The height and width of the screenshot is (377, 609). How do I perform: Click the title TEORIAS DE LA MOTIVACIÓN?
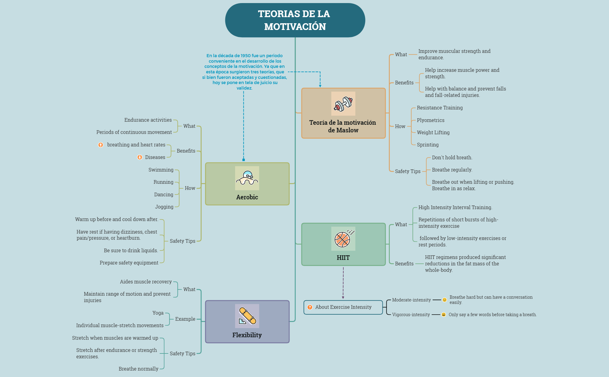(x=295, y=20)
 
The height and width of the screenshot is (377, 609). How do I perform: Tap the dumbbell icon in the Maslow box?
(x=343, y=104)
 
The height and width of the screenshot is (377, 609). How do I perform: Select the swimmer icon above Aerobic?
(x=247, y=178)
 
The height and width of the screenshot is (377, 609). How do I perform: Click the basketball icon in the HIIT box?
(x=343, y=239)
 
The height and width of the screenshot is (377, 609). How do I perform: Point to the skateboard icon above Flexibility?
(x=247, y=316)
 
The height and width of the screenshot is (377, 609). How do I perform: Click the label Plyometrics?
(x=430, y=120)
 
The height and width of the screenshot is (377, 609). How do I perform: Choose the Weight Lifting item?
(x=433, y=132)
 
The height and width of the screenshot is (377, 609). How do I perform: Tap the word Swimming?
(x=161, y=170)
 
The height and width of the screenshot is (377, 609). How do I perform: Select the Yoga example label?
(x=158, y=313)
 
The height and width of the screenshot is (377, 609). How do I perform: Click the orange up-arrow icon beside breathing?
(x=101, y=145)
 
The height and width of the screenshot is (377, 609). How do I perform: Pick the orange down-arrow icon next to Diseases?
(x=140, y=157)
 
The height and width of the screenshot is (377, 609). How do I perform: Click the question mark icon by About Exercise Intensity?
(x=310, y=307)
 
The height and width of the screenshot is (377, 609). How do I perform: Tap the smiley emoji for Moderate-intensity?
(x=445, y=300)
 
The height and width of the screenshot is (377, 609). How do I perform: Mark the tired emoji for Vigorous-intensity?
(x=444, y=315)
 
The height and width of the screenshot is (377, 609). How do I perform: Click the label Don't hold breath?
(x=452, y=157)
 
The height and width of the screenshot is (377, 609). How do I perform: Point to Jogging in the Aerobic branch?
(x=164, y=207)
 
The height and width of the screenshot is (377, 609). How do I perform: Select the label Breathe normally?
(x=138, y=369)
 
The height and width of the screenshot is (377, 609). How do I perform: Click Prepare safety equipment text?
(x=129, y=263)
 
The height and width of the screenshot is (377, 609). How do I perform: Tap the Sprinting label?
(x=427, y=145)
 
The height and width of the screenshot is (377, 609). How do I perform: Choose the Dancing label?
(x=164, y=194)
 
